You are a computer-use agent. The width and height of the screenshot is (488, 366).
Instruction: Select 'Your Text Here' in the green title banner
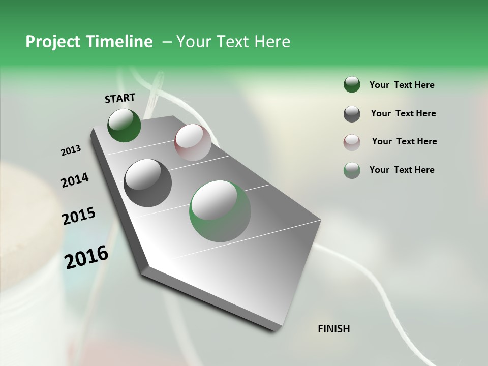click(233, 42)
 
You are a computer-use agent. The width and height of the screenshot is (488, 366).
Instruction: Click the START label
click(120, 98)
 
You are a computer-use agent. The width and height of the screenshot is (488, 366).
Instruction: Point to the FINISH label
click(333, 329)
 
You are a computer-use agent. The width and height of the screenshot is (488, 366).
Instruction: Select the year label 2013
click(71, 150)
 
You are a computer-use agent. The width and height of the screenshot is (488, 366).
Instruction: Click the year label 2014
click(75, 180)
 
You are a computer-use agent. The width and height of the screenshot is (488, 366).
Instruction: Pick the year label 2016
click(86, 257)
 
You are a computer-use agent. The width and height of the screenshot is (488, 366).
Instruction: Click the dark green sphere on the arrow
click(124, 125)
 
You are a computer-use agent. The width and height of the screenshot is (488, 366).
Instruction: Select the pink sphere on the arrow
click(193, 142)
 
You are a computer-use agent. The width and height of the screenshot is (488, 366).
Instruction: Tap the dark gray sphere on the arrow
click(147, 182)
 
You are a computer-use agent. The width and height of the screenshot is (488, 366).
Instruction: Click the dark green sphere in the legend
click(352, 85)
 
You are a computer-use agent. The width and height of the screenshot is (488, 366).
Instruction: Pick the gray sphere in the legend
click(352, 114)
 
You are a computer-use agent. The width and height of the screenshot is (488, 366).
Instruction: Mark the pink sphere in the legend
click(352, 142)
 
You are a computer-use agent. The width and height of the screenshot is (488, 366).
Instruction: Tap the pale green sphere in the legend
click(352, 170)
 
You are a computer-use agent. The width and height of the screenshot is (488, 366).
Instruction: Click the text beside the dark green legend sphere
click(402, 85)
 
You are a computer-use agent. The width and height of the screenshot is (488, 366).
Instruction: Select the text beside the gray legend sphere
click(403, 113)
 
